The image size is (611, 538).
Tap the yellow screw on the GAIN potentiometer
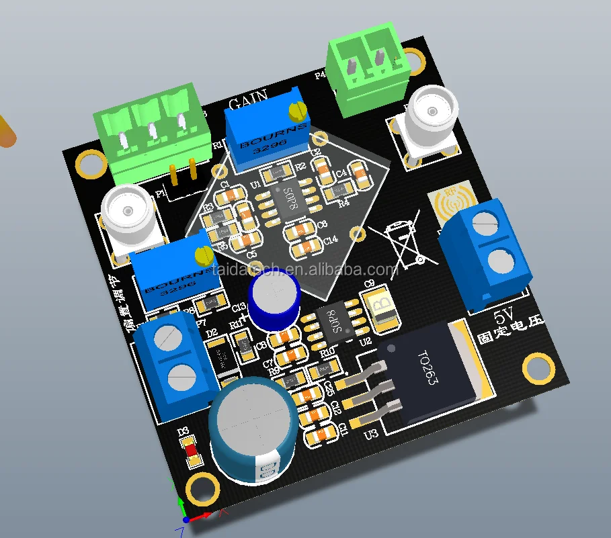pyautogui.click(x=297, y=107)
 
